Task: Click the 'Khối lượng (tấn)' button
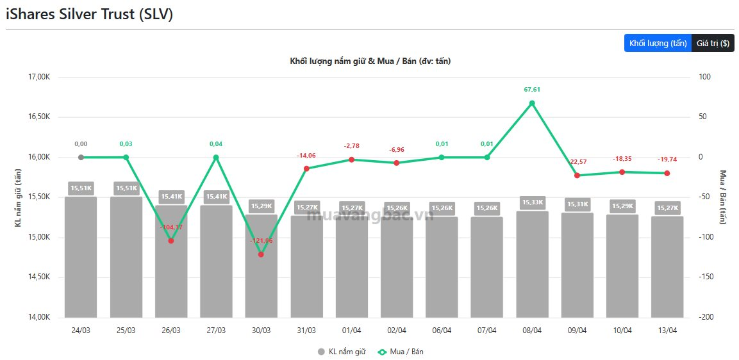[x=658, y=43]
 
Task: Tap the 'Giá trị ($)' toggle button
[x=713, y=43]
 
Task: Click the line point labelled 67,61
[x=532, y=103]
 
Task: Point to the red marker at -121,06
[x=261, y=254]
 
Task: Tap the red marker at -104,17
[x=171, y=241]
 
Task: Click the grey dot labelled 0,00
[x=81, y=157]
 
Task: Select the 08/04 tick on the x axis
[x=532, y=331]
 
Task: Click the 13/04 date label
[x=667, y=331]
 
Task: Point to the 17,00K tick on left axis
[x=40, y=77]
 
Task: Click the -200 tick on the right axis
[x=706, y=317]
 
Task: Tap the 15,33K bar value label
[x=532, y=202]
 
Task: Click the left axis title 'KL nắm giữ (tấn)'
[x=18, y=197]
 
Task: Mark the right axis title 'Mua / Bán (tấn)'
[x=724, y=197]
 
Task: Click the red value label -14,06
[x=306, y=156]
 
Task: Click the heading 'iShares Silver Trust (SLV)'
[x=90, y=14]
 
